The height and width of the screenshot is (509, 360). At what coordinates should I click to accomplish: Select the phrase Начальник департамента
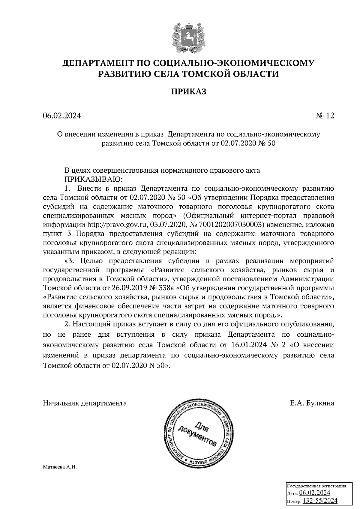coord(85,403)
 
